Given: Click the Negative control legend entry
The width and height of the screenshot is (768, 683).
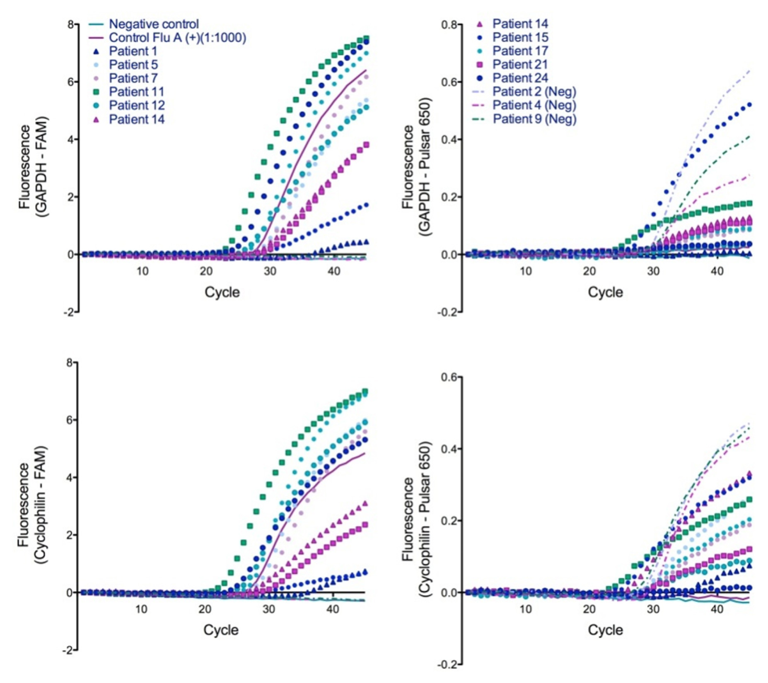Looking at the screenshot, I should tap(153, 24).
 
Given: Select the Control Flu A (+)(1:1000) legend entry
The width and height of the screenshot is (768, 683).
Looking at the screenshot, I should tap(177, 38).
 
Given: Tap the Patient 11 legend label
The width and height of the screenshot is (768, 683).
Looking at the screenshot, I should tap(136, 91).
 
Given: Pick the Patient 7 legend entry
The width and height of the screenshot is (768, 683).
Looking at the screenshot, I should tap(133, 78).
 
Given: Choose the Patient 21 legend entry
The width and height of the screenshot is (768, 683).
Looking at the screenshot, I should tap(520, 64).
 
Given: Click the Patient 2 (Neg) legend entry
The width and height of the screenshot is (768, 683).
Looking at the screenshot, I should tap(534, 91).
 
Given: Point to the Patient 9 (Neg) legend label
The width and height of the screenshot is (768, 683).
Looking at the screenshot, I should tap(534, 119).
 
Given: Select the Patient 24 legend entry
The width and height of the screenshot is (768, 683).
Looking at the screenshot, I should tap(520, 78).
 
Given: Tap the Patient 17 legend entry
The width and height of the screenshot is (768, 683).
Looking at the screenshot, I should tap(520, 51).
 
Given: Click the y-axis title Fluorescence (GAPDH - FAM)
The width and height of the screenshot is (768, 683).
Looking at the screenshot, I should tap(33, 167).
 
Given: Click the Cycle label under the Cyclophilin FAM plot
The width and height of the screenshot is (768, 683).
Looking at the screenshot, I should tap(221, 630).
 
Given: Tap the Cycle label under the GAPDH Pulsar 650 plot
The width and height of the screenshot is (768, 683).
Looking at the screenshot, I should tap(605, 292).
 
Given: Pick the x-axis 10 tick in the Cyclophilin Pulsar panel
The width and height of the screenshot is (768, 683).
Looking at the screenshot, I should tap(526, 609).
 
